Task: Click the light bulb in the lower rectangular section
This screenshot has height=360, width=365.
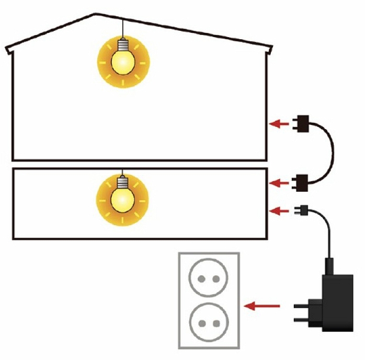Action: point(122,198)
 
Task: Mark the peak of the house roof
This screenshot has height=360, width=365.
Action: point(95,14)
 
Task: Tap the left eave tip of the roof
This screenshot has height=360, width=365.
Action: point(7,50)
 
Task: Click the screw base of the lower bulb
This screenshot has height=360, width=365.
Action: point(122,182)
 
